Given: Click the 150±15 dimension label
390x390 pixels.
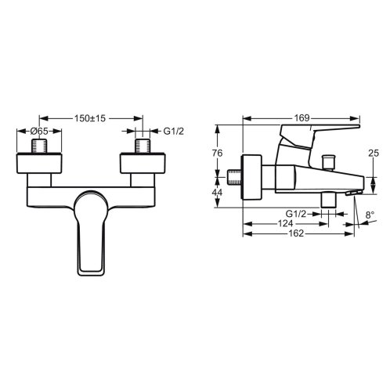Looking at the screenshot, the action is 90,118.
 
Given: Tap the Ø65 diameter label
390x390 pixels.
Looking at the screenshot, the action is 39,131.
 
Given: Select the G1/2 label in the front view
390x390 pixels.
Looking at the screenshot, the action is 174,131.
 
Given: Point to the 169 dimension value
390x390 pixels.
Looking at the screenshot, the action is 302,118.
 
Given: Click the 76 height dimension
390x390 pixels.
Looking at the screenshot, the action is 217,153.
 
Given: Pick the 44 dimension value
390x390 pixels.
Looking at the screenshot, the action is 217,193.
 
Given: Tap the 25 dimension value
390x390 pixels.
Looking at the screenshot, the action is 374,153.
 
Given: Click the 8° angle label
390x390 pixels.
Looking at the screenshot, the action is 370,215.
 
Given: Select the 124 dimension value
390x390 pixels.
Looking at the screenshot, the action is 286,224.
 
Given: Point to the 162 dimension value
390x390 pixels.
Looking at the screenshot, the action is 297,233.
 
